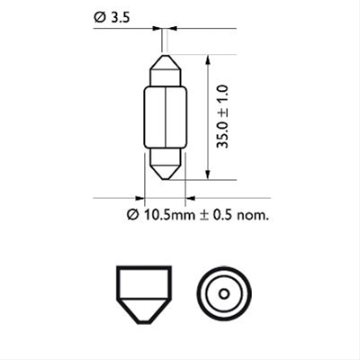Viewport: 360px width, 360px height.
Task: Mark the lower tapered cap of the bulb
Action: click(165, 164)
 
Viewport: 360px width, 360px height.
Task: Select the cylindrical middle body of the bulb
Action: click(165, 117)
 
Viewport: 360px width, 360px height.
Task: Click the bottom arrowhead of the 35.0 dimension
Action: click(209, 175)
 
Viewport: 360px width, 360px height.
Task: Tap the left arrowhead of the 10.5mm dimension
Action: click(140, 197)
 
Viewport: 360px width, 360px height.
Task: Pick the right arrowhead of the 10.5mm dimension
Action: click(190, 197)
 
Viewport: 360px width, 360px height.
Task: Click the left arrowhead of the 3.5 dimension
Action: click(158, 29)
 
